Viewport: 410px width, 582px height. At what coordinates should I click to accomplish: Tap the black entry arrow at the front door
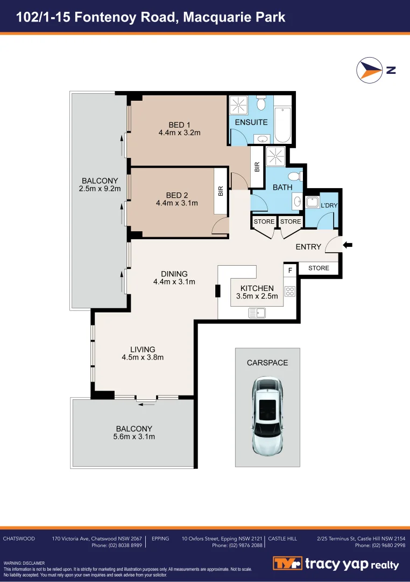point(348,245)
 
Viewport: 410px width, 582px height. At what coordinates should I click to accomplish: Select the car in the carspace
point(267,415)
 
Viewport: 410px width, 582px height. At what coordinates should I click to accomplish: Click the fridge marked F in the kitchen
point(290,269)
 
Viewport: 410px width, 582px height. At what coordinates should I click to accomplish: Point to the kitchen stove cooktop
point(290,292)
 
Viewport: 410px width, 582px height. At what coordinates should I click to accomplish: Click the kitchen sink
point(257,312)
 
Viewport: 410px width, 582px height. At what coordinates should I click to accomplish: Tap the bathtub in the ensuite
point(282,125)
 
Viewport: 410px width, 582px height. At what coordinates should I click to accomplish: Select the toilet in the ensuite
point(261,103)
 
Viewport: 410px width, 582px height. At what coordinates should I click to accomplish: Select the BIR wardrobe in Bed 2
point(220,191)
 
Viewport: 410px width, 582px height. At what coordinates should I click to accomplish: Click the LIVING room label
point(142,349)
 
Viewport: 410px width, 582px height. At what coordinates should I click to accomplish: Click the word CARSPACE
point(267,363)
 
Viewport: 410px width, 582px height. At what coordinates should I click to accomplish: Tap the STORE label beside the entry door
point(319,268)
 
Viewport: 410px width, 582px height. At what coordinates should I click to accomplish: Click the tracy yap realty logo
point(336,564)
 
